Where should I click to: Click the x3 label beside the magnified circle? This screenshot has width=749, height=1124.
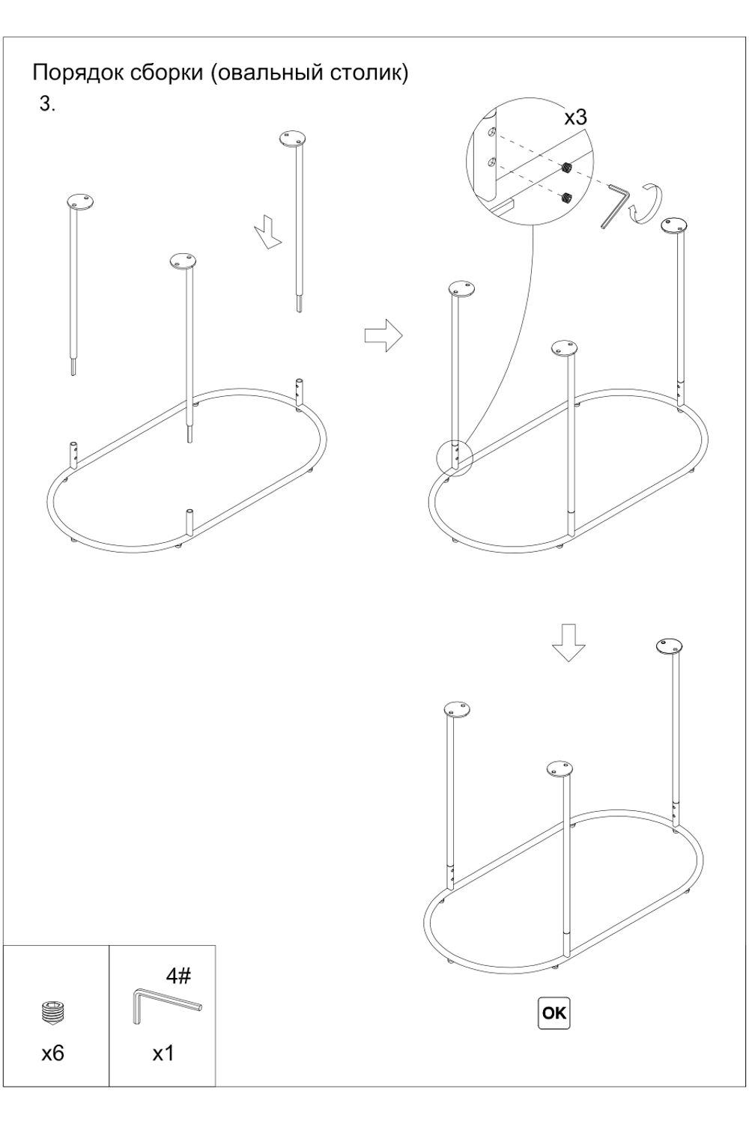575,118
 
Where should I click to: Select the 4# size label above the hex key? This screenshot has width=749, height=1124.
178,976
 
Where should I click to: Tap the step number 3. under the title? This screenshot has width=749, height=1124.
47,105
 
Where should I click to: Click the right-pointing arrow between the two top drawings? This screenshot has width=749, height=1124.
383,335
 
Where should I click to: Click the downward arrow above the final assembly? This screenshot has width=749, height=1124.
568,644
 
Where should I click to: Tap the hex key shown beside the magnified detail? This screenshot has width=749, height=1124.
616,206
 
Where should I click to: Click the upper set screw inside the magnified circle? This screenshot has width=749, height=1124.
567,168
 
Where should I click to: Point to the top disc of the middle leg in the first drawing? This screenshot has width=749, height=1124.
184,262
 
